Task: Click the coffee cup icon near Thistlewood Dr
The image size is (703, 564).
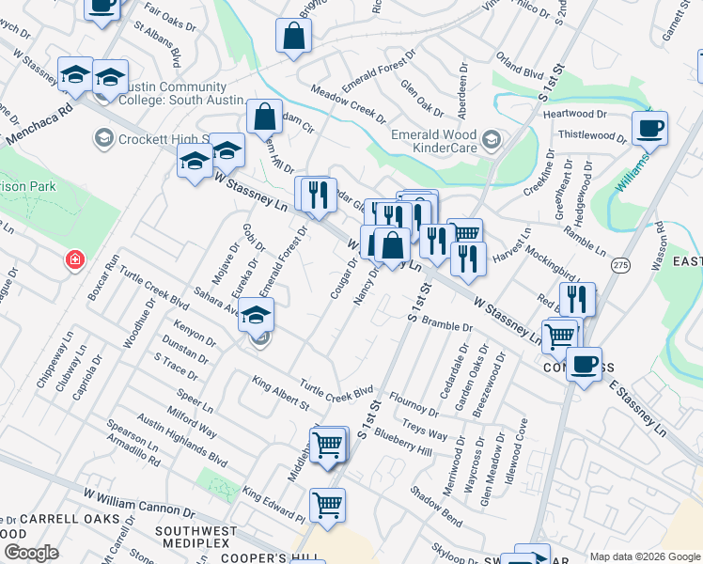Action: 648,128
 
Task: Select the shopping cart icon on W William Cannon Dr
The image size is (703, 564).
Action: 327,506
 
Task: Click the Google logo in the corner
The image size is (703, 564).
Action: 31,553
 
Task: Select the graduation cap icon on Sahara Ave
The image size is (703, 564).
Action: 253,318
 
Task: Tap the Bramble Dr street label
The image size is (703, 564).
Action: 447,325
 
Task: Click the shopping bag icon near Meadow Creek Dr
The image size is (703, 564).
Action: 293,37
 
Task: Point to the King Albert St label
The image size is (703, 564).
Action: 280,393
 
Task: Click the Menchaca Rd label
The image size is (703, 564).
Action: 38,124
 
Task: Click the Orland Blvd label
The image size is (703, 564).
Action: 520,64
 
